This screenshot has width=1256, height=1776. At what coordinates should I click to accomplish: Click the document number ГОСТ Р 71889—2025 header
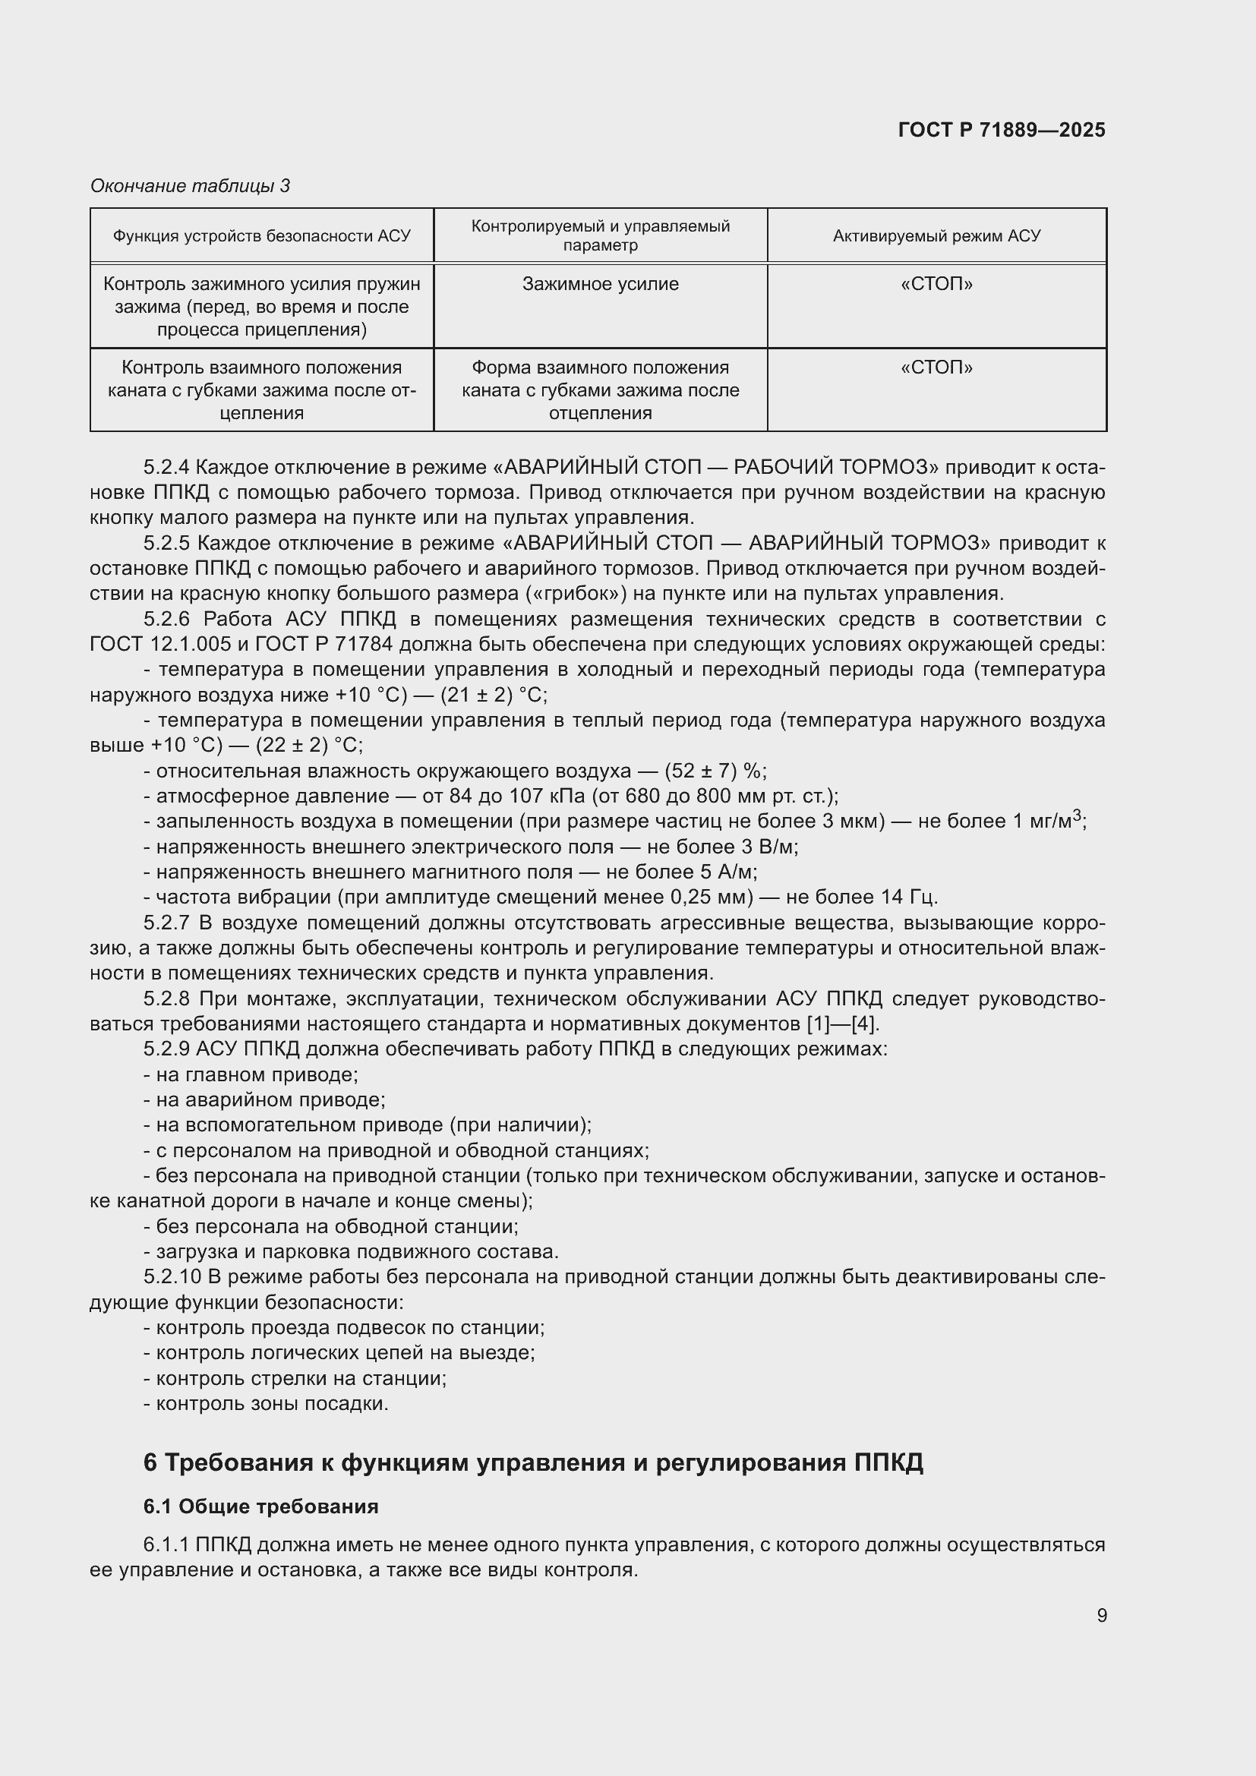coord(1002,130)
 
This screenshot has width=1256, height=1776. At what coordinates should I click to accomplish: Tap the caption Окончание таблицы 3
coord(191,185)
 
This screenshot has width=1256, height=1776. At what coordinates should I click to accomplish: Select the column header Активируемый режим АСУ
coord(936,236)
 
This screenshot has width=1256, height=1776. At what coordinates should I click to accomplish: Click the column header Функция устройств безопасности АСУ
coord(261,236)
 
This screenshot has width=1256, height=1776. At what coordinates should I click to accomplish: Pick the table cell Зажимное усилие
coord(600,284)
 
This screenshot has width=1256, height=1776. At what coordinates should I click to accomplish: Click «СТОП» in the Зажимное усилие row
coord(936,284)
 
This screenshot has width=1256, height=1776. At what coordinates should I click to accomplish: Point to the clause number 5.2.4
coord(166,467)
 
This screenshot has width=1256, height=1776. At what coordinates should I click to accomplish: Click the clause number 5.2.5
coord(166,543)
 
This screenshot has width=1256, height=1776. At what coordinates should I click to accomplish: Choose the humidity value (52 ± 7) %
coord(715,771)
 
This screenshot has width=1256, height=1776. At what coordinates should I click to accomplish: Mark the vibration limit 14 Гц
coord(910,897)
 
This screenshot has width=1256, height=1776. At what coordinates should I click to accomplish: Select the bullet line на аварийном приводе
coord(264,1099)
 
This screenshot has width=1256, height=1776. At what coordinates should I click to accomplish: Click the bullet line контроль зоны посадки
coord(266,1402)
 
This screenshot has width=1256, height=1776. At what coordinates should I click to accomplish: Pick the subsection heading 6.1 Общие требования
coord(260,1506)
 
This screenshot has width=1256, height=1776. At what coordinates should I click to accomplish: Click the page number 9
coord(1101,1615)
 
